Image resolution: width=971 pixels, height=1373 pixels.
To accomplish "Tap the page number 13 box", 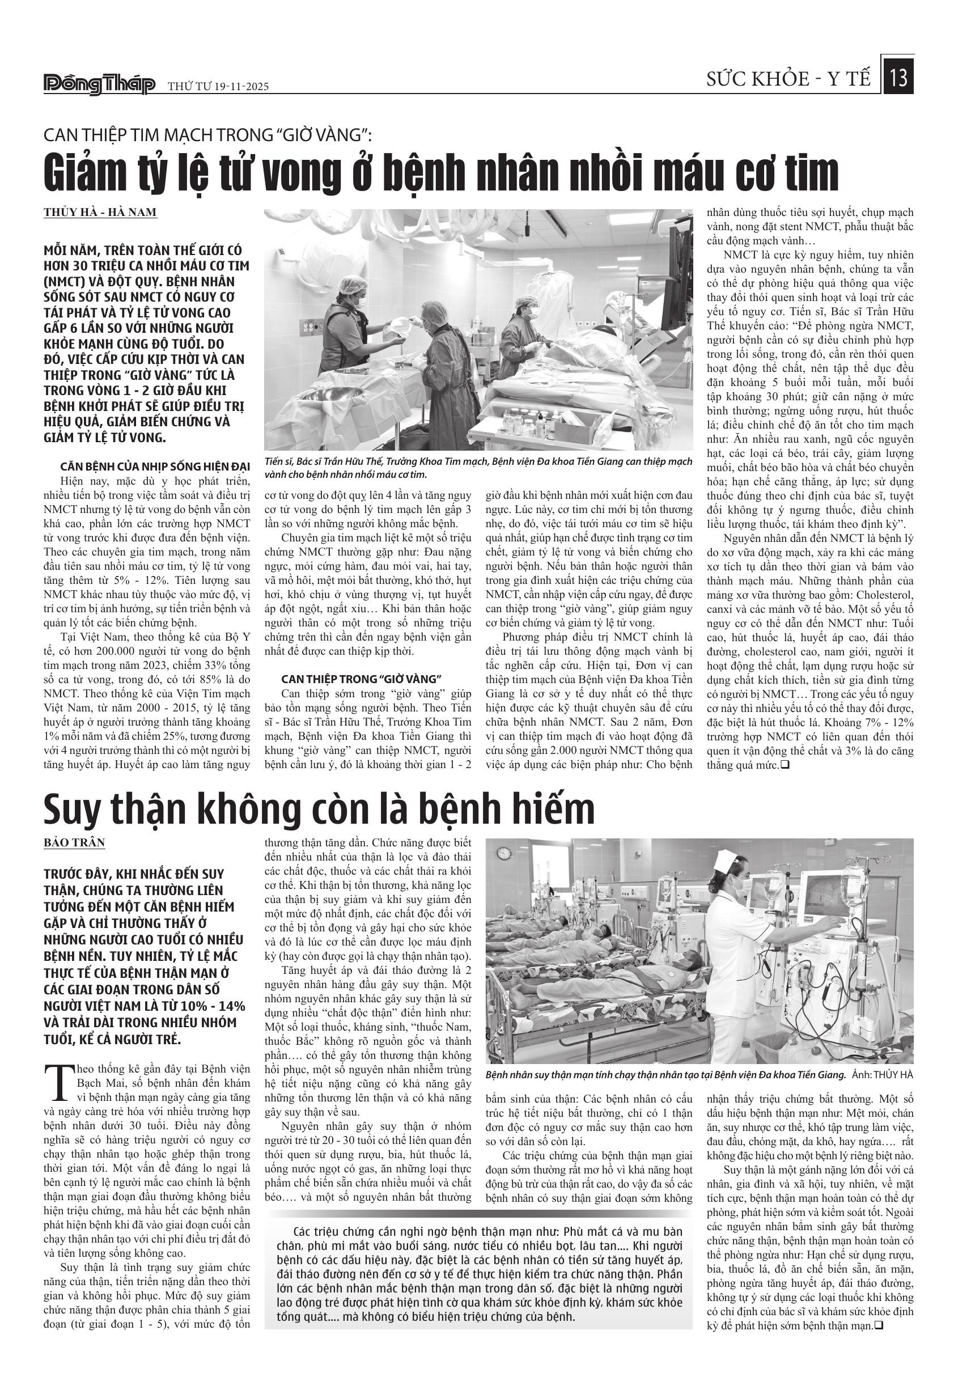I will pyautogui.click(x=898, y=77).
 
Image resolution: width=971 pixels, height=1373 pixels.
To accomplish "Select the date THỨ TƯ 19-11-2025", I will pyautogui.click(x=218, y=86).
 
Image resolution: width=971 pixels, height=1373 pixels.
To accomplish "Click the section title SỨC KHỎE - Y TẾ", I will pyautogui.click(x=788, y=79).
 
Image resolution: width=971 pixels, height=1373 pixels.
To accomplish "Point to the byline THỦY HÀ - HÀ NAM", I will pyautogui.click(x=100, y=212).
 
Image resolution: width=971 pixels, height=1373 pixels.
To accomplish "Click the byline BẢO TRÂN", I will pyautogui.click(x=74, y=842).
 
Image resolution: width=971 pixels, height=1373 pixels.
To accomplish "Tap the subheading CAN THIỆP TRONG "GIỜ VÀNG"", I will pyautogui.click(x=361, y=679).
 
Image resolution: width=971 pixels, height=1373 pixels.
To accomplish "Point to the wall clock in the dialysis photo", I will pyautogui.click(x=504, y=851).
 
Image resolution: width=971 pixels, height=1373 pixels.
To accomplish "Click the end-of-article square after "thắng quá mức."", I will pyautogui.click(x=785, y=764).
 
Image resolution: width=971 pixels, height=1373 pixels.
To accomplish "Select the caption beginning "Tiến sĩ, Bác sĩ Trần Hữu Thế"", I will pyautogui.click(x=478, y=468).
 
